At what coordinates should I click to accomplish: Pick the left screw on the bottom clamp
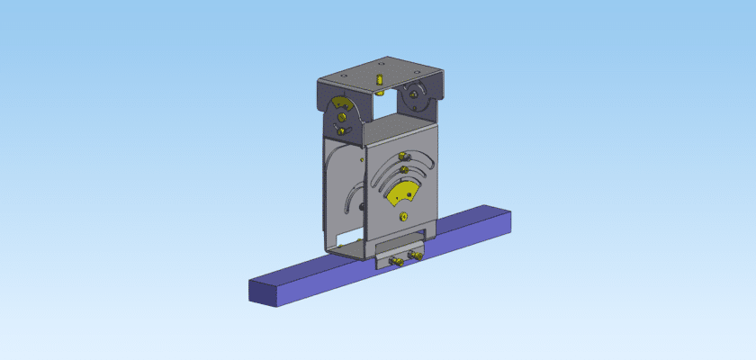point(394,262)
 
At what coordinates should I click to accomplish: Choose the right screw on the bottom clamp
point(416,256)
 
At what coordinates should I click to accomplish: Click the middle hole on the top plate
point(380,65)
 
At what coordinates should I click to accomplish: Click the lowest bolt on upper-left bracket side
point(343,133)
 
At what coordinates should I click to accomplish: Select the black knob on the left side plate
point(362,208)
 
